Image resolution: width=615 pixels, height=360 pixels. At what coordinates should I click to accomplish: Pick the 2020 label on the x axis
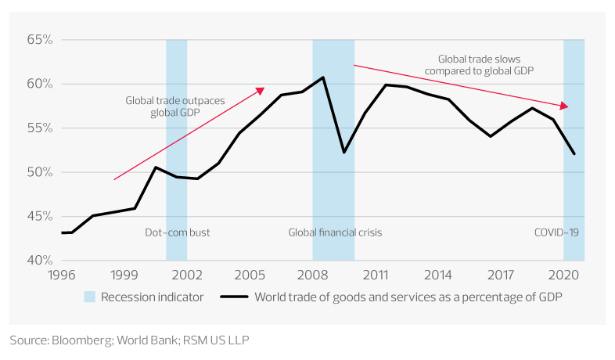click(563, 275)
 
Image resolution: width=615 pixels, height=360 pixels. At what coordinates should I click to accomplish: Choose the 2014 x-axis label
click(438, 275)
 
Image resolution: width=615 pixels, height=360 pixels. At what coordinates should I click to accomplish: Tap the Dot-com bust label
click(178, 232)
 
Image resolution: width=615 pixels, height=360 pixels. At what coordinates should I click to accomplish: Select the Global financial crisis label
click(335, 232)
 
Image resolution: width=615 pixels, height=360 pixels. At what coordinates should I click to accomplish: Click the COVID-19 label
click(556, 232)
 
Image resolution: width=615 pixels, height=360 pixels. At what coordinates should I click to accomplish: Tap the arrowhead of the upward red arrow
click(263, 89)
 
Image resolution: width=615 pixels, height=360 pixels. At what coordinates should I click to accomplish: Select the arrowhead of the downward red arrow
click(566, 106)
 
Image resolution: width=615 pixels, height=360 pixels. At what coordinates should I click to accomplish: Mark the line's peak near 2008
click(323, 77)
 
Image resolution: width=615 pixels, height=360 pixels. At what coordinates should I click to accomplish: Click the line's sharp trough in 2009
click(343, 152)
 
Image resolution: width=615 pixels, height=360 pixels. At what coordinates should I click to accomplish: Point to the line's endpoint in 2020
click(575, 154)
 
